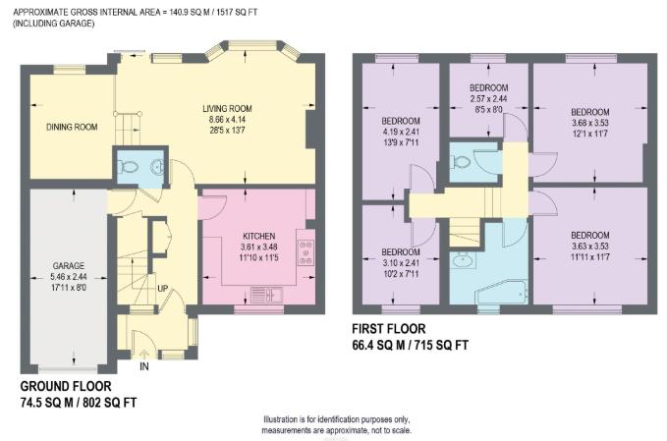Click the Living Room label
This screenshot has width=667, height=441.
click(x=227, y=108)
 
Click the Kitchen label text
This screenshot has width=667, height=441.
click(x=258, y=237)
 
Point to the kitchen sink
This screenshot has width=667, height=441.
click(x=264, y=292)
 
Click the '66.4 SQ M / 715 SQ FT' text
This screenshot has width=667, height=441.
click(x=411, y=346)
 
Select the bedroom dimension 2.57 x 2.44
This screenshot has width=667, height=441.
click(x=488, y=99)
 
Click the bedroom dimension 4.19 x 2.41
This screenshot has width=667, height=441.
click(x=400, y=133)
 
